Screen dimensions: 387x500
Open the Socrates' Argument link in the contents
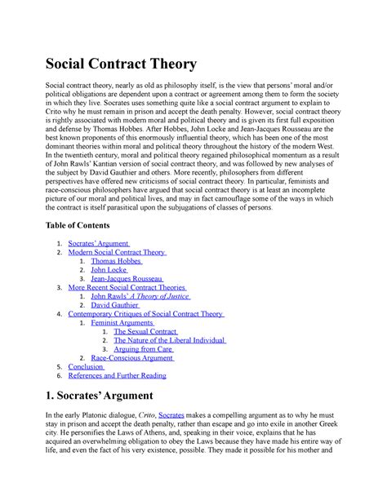pyautogui.click(x=100, y=243)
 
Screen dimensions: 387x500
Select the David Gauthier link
pyautogui.click(x=119, y=307)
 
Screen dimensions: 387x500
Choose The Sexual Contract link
pyautogui.click(x=145, y=333)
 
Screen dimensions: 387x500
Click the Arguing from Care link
pyautogui.click(x=144, y=350)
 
